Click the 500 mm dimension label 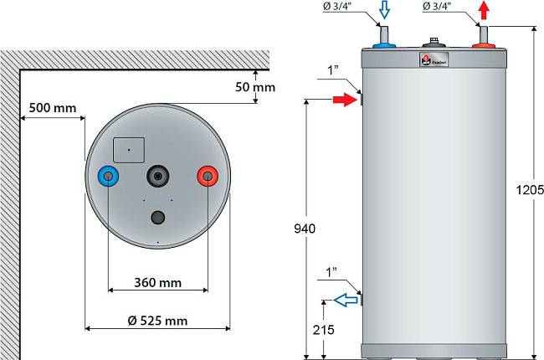52,108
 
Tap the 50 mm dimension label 255,86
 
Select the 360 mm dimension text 157,281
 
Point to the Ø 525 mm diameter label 158,321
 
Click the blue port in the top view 107,177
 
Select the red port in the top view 206,177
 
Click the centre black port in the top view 157,177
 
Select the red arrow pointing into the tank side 344,100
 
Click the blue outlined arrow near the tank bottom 342,301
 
